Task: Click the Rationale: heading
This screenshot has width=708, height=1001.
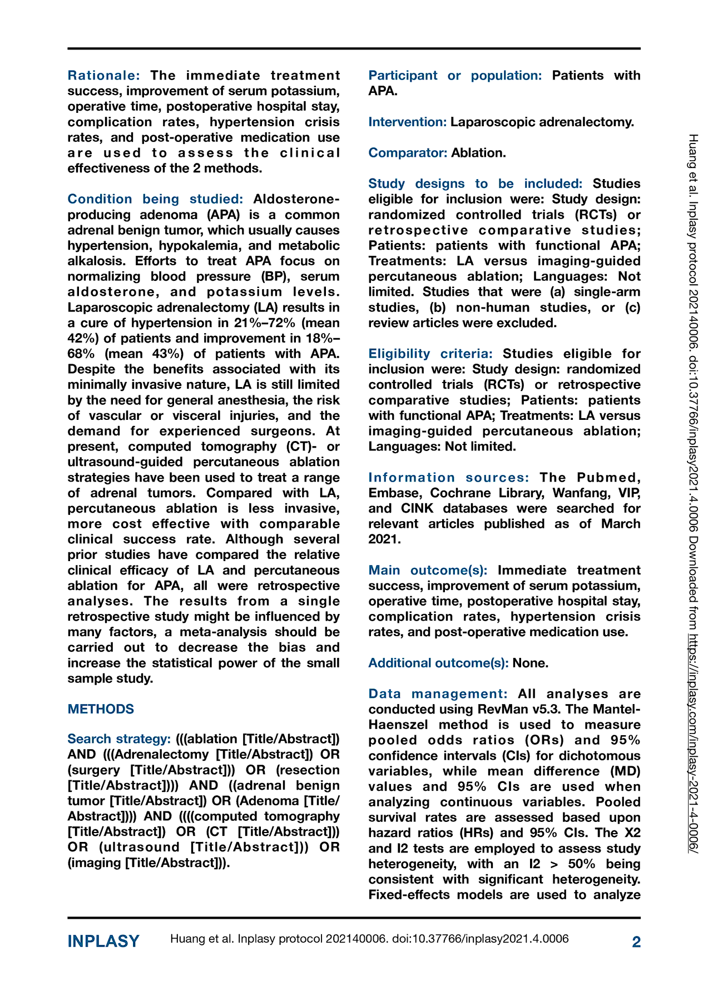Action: (103, 75)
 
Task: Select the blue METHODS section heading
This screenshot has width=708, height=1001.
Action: (101, 709)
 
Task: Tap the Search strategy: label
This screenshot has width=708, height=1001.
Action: (119, 739)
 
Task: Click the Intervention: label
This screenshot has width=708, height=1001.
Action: (407, 122)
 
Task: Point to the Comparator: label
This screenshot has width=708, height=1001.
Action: (408, 153)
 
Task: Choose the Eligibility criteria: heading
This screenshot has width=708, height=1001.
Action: (430, 354)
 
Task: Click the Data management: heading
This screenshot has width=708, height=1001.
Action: (438, 694)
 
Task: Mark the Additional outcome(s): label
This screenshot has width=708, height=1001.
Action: (438, 663)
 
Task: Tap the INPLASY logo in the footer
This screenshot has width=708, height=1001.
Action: (103, 941)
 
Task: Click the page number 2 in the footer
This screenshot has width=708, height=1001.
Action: (636, 941)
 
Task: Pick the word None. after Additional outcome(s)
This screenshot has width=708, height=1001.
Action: (531, 663)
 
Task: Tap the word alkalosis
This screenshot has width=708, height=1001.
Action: (96, 261)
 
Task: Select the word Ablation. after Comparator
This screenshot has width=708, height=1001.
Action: (478, 153)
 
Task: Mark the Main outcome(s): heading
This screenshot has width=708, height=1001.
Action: (428, 570)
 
